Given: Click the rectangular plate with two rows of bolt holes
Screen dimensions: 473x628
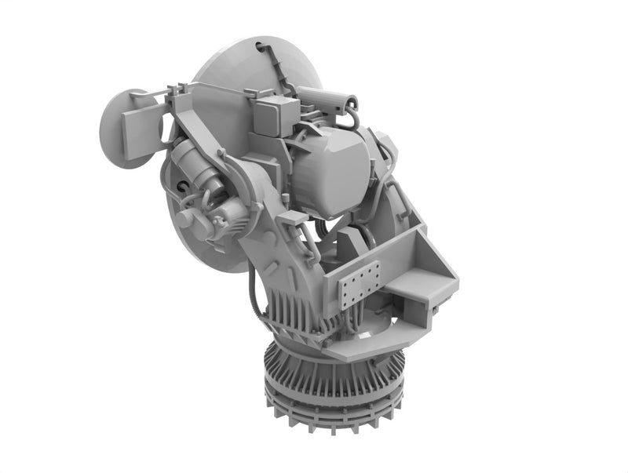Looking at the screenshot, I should pos(360,284).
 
